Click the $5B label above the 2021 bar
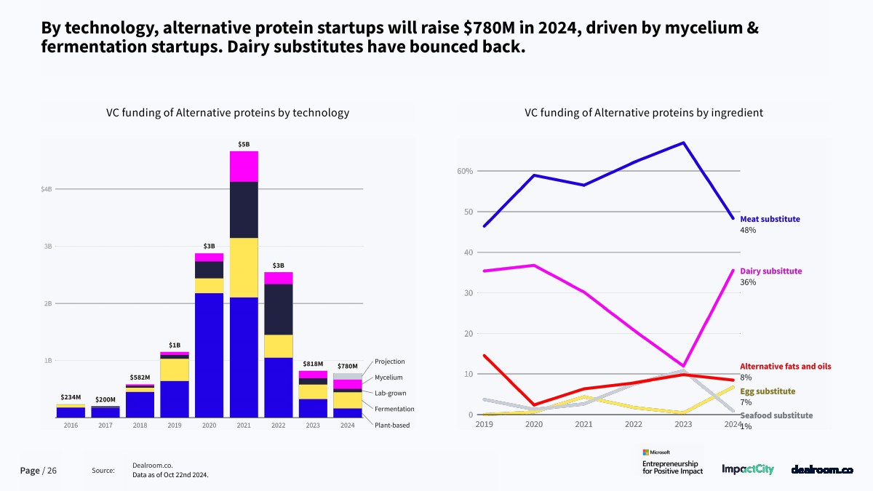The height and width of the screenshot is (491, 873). point(244,145)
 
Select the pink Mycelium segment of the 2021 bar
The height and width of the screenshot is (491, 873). point(244,167)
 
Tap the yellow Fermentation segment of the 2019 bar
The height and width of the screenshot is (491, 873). point(175,370)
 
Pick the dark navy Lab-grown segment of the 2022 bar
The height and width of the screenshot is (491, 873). point(279,309)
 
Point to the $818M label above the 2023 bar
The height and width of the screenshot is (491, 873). point(313,364)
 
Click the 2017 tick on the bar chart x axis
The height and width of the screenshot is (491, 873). point(105,426)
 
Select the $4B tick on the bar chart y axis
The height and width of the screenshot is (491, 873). point(47,189)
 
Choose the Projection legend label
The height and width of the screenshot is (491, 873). point(390,362)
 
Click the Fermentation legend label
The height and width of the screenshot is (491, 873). point(394,409)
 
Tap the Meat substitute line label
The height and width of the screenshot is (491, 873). point(770,219)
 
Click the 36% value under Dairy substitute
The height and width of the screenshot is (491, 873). point(748,282)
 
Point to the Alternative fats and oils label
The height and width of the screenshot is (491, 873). point(785,367)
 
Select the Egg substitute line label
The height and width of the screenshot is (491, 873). point(768,391)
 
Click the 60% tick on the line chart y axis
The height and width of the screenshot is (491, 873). point(465,171)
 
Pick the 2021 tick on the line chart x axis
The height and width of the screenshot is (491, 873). point(583,424)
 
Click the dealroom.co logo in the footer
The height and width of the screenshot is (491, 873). point(821,470)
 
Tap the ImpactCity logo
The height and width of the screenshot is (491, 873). point(748,470)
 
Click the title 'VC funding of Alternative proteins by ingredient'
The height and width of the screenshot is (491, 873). point(644,113)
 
